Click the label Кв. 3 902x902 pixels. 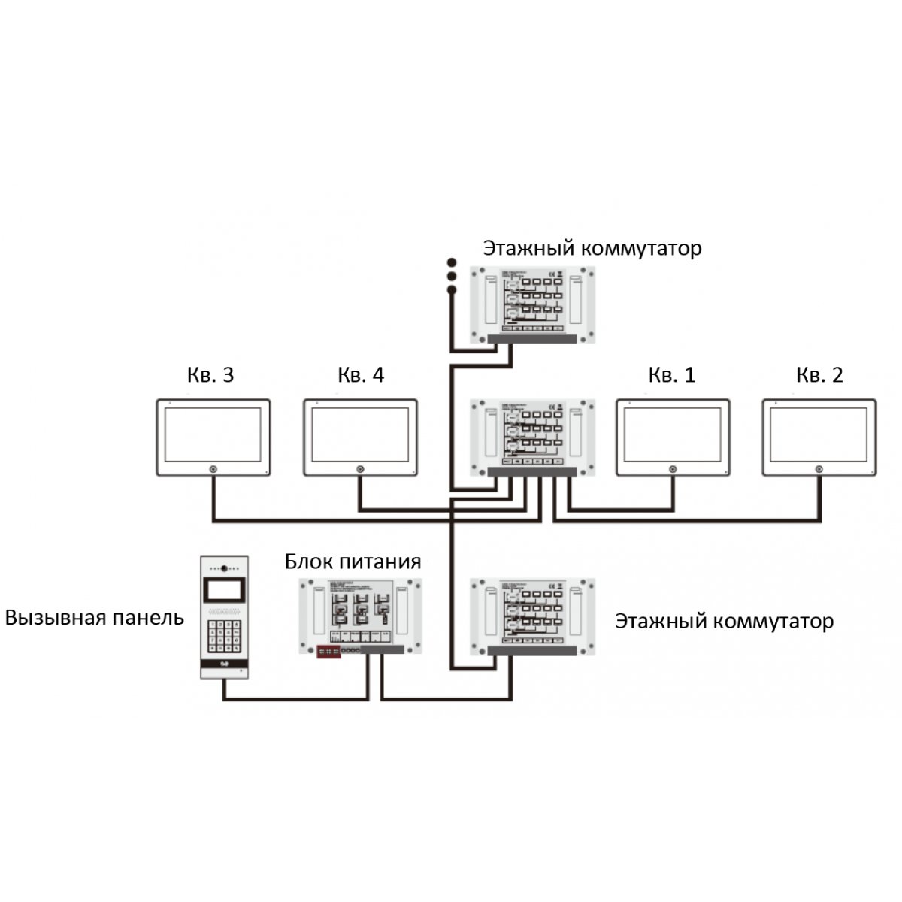click(x=210, y=375)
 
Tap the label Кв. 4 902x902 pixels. click(x=361, y=375)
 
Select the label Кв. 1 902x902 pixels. click(x=672, y=375)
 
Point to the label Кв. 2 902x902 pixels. click(x=819, y=375)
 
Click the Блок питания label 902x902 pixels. click(x=353, y=561)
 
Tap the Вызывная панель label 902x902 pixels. click(x=95, y=618)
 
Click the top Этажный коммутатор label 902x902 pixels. click(x=592, y=248)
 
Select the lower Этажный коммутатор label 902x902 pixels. click(x=724, y=622)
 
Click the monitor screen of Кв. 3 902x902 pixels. click(x=213, y=434)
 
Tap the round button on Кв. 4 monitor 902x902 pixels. click(x=360, y=471)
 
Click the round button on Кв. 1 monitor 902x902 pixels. click(x=673, y=471)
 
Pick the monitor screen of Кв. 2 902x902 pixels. click(x=819, y=434)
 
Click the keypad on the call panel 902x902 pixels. click(x=224, y=635)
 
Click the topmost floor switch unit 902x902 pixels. click(x=533, y=304)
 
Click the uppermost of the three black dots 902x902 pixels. click(x=452, y=262)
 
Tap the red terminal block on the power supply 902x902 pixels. click(x=329, y=651)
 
